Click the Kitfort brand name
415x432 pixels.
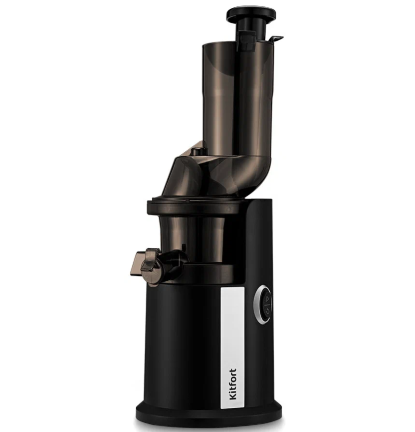pos(233,384)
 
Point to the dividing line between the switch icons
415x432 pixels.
pos(267,304)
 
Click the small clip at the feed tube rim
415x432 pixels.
pos(277,39)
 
